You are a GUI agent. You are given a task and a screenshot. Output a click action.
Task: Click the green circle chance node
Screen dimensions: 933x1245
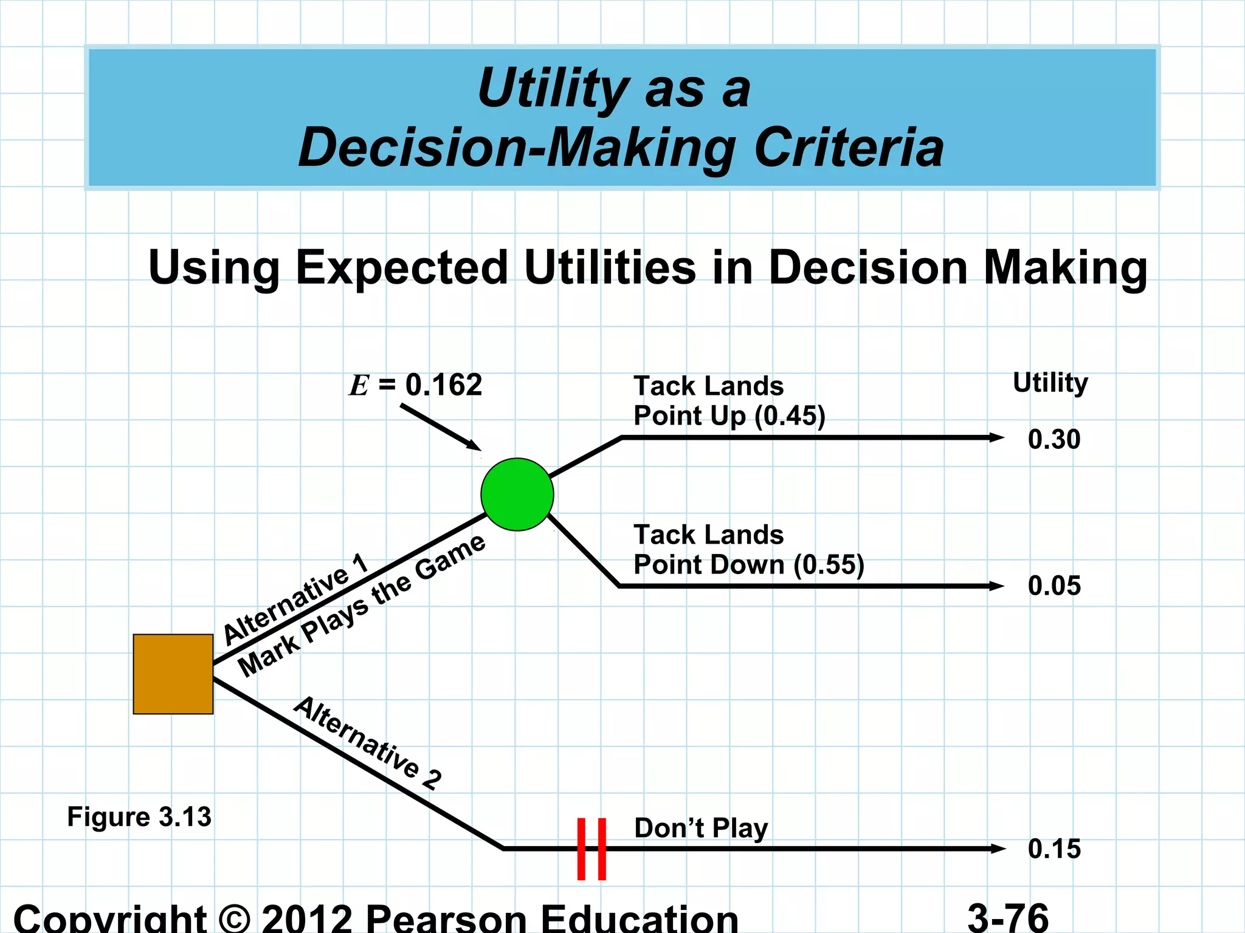517,494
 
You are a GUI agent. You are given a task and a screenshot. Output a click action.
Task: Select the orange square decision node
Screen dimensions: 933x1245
173,674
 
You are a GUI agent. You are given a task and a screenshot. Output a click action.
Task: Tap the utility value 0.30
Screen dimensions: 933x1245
1054,439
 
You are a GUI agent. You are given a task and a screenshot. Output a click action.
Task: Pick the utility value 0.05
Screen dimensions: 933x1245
1054,586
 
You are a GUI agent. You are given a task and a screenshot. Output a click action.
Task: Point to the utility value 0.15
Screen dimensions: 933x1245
1054,849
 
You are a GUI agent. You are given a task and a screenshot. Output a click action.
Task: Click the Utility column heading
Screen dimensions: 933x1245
1050,383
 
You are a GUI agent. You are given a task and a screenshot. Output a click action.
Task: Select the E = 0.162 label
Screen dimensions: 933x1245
416,385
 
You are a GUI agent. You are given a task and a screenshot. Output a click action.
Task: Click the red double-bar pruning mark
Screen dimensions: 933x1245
591,849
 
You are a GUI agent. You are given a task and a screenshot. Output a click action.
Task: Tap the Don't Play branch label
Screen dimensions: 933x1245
700,829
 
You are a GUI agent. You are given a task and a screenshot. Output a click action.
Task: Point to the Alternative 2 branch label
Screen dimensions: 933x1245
368,743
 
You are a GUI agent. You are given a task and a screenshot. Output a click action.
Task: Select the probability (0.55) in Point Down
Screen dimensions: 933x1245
829,565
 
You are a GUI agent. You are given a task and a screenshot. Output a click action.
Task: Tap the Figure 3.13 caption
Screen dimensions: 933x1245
139,817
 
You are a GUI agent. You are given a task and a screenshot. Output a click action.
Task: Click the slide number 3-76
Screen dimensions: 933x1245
1008,917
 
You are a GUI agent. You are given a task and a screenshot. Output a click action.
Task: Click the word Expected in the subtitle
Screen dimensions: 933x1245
402,267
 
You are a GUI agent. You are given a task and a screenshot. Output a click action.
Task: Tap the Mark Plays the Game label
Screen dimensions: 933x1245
362,606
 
